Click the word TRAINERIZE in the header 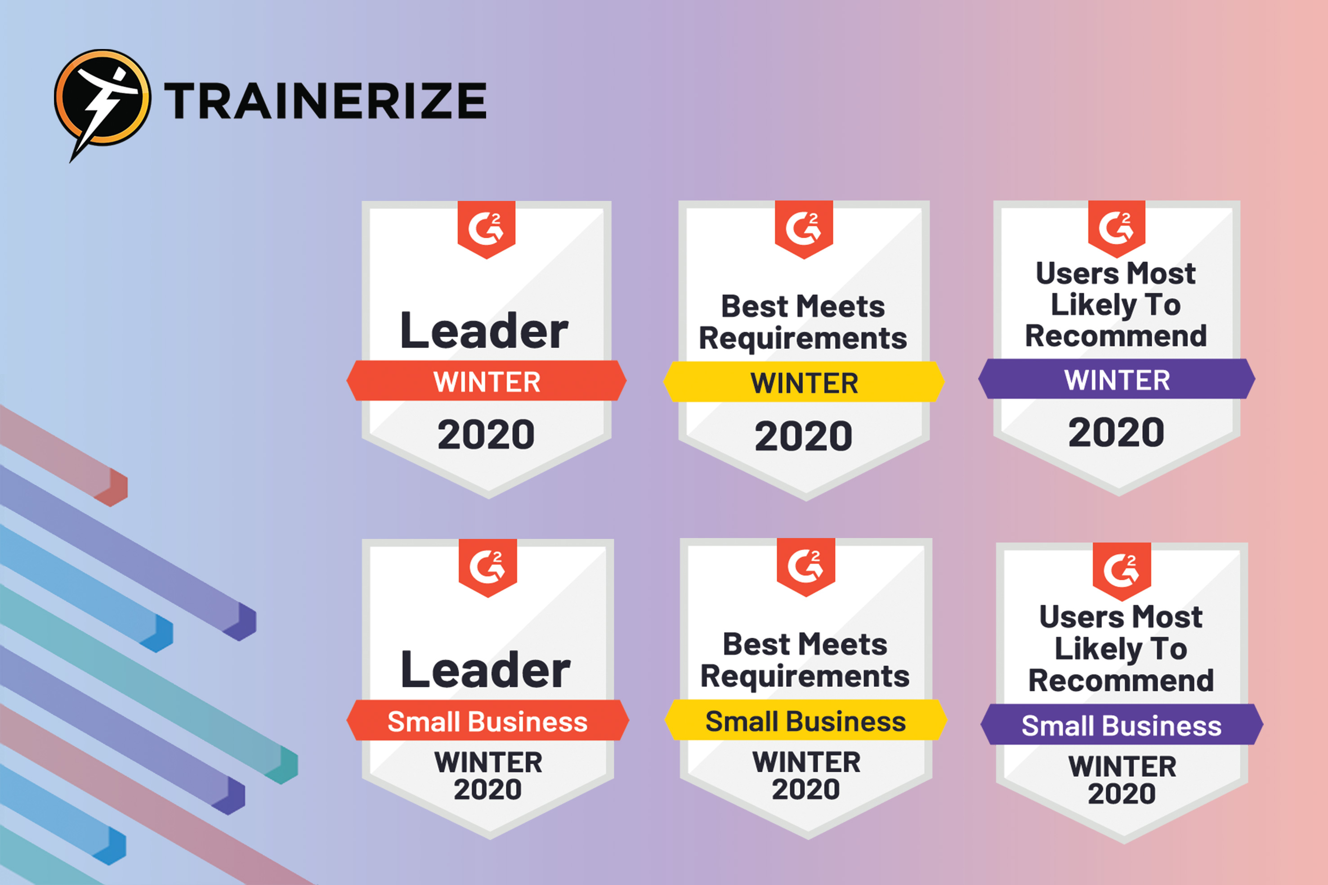coord(325,101)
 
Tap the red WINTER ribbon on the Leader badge coord(487,381)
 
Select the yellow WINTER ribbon coord(804,382)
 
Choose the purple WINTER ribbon coord(1117,379)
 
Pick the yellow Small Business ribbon coord(806,720)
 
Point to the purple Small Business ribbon coord(1121,724)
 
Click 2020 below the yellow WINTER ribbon coord(804,436)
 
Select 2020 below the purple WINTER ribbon coord(1116,432)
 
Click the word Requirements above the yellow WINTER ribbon coord(803,338)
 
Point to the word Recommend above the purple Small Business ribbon coord(1121,680)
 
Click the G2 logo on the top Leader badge coord(486,229)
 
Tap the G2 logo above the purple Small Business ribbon coord(1121,571)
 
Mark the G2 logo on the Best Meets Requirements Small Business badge coord(806,567)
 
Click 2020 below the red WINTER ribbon coord(486,435)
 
